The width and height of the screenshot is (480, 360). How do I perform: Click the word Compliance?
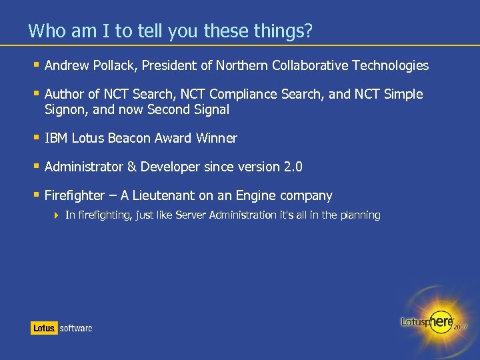point(242,94)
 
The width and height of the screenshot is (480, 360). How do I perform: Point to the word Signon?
point(64,109)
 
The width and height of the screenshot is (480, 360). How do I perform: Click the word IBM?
point(56,138)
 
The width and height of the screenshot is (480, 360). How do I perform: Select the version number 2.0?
point(293,167)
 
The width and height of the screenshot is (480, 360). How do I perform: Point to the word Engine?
point(252,195)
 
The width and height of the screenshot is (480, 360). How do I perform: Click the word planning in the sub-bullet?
point(360,215)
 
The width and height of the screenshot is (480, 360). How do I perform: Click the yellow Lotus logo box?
point(44,327)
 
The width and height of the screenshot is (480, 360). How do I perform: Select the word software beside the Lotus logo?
point(76,328)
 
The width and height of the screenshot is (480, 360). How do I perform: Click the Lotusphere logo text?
point(427,321)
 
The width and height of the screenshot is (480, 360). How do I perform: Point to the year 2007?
point(461,327)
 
